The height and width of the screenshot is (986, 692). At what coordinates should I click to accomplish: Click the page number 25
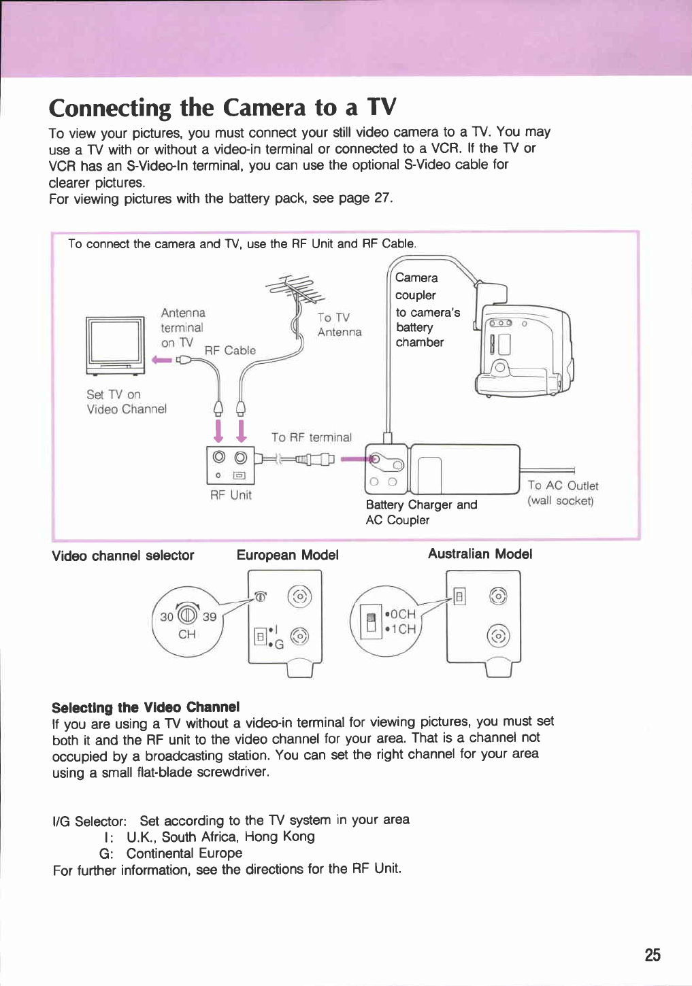pos(652,955)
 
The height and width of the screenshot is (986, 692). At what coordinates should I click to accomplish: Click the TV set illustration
pos(115,345)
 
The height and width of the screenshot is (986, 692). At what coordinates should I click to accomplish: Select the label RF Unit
pos(231,495)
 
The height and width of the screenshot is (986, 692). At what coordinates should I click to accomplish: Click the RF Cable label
pos(230,350)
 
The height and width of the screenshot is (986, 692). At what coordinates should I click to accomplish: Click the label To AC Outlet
pos(563,486)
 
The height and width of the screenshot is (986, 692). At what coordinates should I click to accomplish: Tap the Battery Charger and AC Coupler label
pos(421,512)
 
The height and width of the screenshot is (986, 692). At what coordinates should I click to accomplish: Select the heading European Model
pos(287,555)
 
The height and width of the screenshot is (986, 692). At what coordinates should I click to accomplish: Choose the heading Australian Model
pos(480,554)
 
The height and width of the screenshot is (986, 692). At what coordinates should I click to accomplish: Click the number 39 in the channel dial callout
pos(210,617)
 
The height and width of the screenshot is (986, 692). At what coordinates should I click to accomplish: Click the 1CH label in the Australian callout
pos(402,629)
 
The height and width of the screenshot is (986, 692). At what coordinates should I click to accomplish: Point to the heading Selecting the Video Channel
pos(146,707)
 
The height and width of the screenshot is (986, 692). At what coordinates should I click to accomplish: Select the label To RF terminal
pos(311,437)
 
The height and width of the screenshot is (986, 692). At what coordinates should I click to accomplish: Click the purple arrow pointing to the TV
pos(163,360)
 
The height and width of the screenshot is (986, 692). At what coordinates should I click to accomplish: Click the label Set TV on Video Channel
pos(126,402)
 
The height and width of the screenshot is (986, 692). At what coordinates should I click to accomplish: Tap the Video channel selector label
pos(122,556)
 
